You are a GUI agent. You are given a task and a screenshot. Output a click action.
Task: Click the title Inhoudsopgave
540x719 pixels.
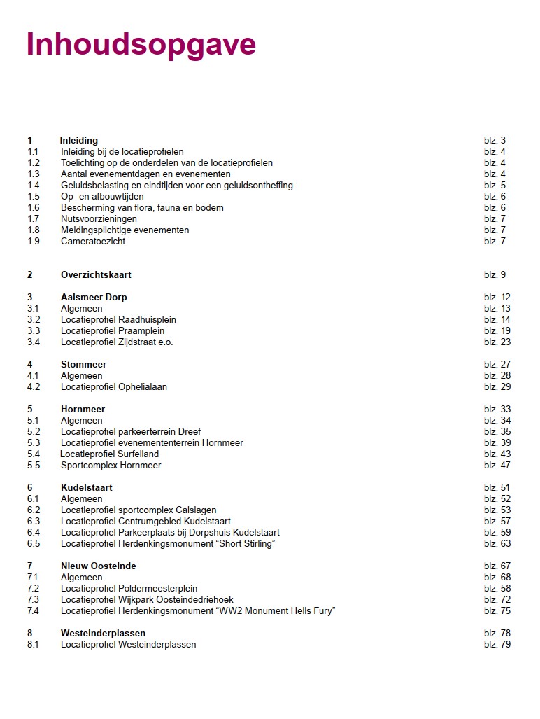pos(141,44)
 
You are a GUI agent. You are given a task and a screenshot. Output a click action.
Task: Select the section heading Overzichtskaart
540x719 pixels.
pos(96,275)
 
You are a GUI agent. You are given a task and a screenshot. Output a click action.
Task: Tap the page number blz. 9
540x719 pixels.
pos(495,275)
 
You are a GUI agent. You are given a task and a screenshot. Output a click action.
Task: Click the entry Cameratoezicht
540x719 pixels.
pos(93,242)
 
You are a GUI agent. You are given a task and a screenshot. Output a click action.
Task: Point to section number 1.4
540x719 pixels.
pos(34,186)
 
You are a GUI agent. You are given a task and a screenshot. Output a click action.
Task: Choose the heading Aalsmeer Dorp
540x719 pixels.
pos(94,298)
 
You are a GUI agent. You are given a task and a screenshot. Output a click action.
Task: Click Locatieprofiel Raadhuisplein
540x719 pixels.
pos(118,320)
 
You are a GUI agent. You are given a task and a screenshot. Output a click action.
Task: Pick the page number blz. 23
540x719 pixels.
pos(497,342)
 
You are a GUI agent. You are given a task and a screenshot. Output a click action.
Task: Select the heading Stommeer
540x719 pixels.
pos(83,365)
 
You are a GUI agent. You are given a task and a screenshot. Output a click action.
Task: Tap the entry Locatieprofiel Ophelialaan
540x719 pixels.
pos(114,387)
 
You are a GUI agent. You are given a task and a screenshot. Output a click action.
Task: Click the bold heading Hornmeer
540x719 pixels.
pos(83,410)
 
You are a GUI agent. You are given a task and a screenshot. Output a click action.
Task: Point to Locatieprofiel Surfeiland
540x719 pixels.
pos(110,454)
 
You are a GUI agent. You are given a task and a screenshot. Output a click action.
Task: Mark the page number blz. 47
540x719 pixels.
pos(497,466)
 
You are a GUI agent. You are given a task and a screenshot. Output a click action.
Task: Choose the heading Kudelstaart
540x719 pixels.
pos(86,488)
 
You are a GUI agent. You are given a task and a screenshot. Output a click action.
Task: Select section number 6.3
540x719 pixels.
pos(34,522)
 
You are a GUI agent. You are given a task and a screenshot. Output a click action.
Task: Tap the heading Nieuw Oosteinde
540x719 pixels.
pos(98,566)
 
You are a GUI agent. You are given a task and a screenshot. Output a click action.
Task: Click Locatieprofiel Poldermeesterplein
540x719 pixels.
pos(129,589)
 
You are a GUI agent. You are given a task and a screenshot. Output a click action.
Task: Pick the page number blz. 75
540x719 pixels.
pos(497,611)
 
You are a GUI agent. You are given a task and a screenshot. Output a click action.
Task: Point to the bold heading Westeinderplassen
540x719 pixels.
pos(103,634)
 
